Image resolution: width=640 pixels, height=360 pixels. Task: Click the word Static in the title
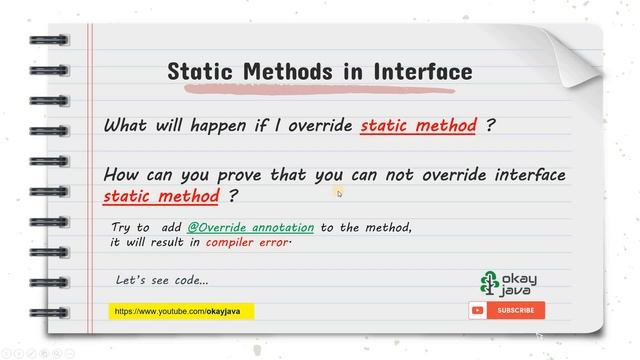[198, 72]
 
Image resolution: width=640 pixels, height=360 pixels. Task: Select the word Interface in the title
[422, 72]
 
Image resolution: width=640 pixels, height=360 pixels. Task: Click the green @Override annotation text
[250, 228]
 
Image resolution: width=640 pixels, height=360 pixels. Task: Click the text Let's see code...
[162, 280]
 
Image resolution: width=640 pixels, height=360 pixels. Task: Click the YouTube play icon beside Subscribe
[478, 310]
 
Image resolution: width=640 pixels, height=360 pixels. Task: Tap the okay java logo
[506, 284]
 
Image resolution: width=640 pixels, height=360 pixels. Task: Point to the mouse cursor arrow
[339, 192]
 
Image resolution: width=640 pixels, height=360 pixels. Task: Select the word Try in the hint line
[124, 228]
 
